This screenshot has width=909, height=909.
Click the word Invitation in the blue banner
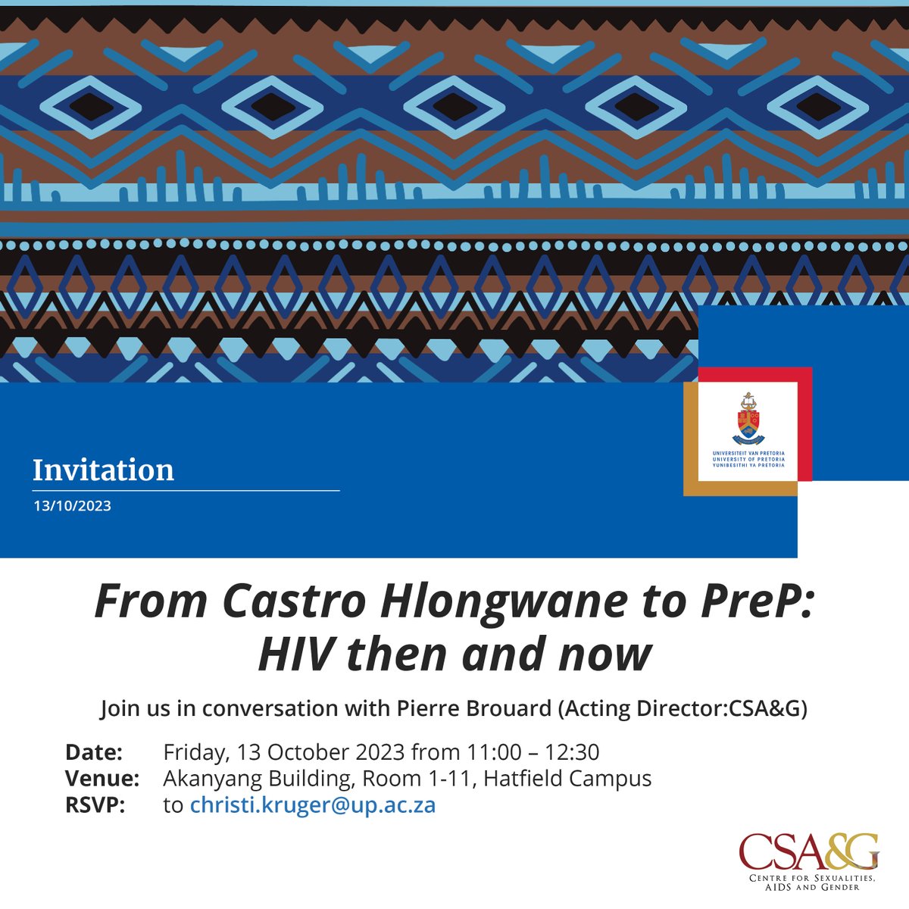[103, 470]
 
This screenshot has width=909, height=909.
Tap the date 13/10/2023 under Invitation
[72, 506]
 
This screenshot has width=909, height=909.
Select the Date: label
[94, 752]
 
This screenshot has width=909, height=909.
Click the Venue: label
[102, 778]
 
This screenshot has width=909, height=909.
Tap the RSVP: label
[95, 804]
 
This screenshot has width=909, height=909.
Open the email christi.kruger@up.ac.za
[313, 804]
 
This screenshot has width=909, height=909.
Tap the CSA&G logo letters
[808, 852]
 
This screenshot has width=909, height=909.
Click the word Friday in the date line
[195, 752]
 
